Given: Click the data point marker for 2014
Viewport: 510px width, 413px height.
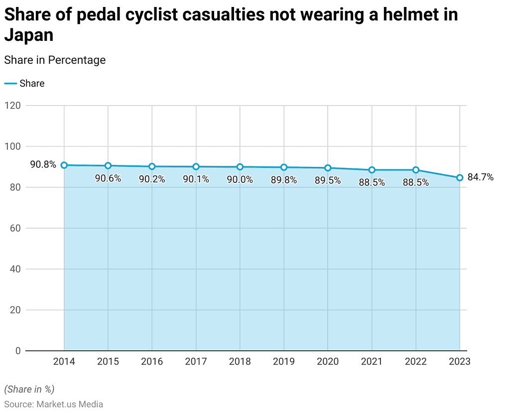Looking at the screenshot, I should coord(64,165).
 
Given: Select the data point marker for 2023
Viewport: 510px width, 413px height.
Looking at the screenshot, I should coord(460,177).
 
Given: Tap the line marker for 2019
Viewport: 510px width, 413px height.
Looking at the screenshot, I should coord(284,167).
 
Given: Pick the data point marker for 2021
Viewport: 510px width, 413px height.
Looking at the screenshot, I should coord(372,170).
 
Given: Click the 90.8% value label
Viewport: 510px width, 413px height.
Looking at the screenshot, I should coord(43,164).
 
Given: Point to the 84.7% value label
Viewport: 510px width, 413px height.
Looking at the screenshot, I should coord(481,177).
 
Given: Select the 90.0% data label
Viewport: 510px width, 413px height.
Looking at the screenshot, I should coord(240,180).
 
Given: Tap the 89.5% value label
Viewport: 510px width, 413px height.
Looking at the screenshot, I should coord(328,180).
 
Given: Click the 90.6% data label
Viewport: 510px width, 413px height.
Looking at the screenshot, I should coord(108,178).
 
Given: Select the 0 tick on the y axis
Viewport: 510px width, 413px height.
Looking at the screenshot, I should coord(18,351).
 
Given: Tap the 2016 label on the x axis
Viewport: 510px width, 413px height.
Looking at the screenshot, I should coord(152,362).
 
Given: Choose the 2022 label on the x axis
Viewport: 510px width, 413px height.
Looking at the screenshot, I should coord(416,362).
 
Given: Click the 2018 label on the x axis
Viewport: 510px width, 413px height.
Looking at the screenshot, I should coord(240,362).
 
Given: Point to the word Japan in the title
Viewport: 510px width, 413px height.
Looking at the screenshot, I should coord(29,35).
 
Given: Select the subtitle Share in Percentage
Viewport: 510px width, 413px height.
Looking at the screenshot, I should coord(55,60).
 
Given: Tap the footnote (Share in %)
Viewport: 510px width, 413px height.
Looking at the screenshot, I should coord(29,389).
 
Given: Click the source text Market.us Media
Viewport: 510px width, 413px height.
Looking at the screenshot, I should coord(70,404).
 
